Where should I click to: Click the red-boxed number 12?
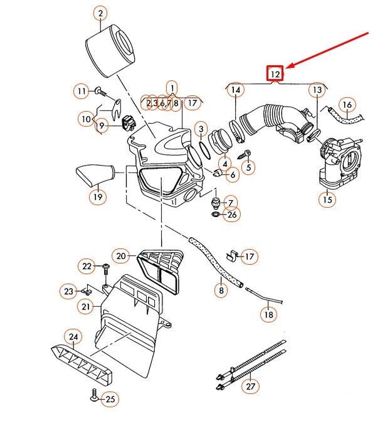click(x=275, y=73)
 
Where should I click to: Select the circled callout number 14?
click(x=235, y=91)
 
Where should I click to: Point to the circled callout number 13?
click(x=317, y=91)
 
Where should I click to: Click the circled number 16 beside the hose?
click(x=347, y=105)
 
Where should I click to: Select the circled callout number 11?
click(x=81, y=91)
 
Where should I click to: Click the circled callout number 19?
click(x=97, y=196)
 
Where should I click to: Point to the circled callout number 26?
click(x=232, y=215)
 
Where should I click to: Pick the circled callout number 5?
click(x=249, y=167)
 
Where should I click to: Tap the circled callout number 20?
click(x=122, y=255)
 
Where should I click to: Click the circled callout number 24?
click(x=73, y=338)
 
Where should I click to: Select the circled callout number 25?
click(x=110, y=398)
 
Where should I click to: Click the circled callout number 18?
click(x=268, y=314)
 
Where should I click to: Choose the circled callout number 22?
click(x=87, y=267)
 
